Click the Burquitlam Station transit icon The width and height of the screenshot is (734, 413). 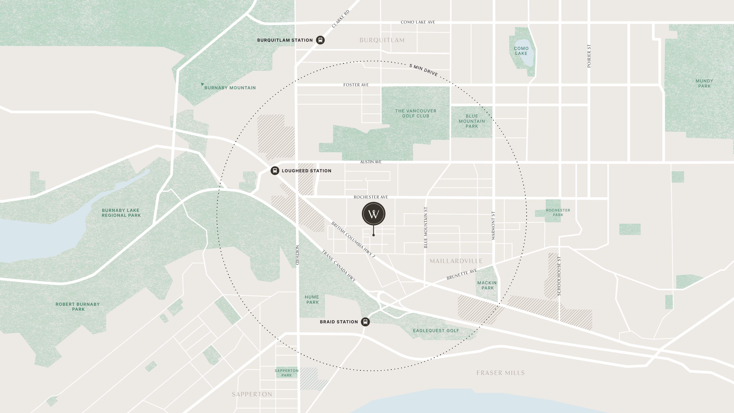click(x=320, y=40)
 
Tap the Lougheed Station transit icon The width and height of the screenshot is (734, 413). click(x=275, y=171)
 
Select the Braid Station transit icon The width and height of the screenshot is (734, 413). click(x=365, y=322)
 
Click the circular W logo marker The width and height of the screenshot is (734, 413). click(x=373, y=214)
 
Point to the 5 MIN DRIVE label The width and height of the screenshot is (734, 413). click(x=423, y=70)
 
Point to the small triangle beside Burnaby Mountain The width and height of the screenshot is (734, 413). click(x=202, y=84)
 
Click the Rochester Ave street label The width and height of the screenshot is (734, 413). click(x=371, y=197)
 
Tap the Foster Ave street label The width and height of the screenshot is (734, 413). click(x=356, y=85)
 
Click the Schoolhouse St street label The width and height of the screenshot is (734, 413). click(x=559, y=276)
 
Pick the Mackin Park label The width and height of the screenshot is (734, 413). click(x=487, y=285)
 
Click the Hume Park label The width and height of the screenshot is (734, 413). click(x=312, y=300)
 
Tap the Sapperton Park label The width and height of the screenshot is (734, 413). click(x=287, y=373)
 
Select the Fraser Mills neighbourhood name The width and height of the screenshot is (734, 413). click(x=500, y=373)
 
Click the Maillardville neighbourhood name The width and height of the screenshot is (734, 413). click(x=456, y=261)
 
